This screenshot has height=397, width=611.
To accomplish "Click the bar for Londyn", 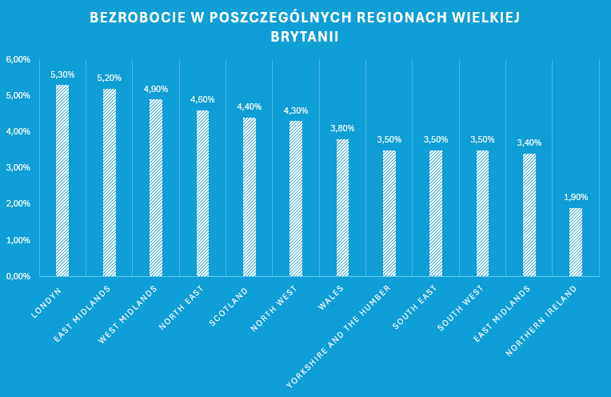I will coord(62,180).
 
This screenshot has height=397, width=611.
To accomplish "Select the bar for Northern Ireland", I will coord(576,242).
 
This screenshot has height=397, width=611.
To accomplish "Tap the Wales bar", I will coord(342,207).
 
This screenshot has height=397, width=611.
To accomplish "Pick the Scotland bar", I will coord(250,197).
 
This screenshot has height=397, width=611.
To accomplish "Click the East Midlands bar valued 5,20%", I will coord(110,182).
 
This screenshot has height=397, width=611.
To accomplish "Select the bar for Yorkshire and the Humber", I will coord(389,213).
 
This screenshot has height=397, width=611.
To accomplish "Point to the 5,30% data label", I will coord(62,75).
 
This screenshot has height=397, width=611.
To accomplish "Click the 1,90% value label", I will coord(576,197).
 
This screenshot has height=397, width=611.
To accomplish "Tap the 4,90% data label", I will coord(156,90).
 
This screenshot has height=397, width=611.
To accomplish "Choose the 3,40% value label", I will coord(529,142).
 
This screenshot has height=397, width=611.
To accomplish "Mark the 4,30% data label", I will coord(295,110).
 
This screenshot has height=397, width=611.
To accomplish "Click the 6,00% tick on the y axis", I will coord(18,60).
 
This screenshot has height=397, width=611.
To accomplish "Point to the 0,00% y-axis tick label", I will coord(18,276).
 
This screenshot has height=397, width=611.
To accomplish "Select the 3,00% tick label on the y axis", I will coord(18,168).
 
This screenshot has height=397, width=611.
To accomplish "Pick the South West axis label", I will coord(460,307).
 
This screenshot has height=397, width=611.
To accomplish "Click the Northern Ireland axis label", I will coord(543,318).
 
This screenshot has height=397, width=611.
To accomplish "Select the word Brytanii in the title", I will coord(305,36).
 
